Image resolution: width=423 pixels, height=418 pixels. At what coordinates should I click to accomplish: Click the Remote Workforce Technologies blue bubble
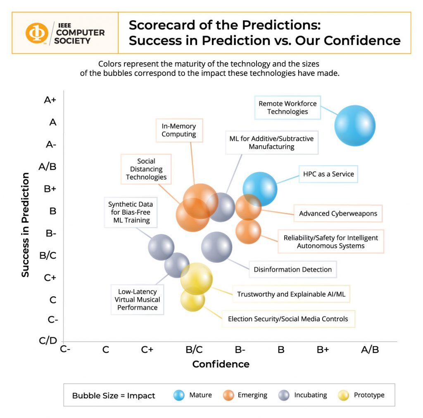(x=355, y=126)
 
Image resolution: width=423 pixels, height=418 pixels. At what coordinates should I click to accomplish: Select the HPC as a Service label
(x=328, y=174)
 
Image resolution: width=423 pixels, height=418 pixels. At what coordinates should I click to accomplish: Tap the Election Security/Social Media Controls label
(x=288, y=319)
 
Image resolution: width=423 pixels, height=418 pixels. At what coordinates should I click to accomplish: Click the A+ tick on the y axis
(x=50, y=100)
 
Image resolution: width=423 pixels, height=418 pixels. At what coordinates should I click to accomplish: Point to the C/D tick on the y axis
(x=48, y=340)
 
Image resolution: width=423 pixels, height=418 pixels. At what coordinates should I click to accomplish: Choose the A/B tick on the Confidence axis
(x=370, y=350)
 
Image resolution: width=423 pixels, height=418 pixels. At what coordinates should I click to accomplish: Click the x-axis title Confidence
(x=221, y=364)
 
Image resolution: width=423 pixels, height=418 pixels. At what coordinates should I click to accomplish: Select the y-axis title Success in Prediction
(x=26, y=225)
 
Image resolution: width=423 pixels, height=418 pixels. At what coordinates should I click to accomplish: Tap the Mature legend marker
(x=179, y=395)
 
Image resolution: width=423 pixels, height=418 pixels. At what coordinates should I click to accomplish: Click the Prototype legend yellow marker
(x=344, y=395)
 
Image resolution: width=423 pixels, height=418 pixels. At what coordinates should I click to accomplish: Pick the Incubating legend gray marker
(x=283, y=395)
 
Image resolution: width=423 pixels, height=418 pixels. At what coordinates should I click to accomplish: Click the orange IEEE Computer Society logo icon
(x=37, y=33)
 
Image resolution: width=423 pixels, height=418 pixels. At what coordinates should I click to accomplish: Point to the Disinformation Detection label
(x=292, y=269)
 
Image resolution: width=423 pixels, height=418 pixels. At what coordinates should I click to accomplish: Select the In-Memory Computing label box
(x=179, y=130)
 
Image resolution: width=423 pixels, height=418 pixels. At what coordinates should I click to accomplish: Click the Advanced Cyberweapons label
(x=338, y=213)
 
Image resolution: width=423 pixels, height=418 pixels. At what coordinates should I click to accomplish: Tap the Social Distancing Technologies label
(x=146, y=169)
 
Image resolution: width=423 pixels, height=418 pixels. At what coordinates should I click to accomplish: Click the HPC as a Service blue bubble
(x=260, y=189)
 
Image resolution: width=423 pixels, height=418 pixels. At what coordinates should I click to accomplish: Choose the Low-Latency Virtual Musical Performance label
(x=137, y=300)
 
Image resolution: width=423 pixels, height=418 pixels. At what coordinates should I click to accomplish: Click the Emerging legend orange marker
(x=228, y=395)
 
